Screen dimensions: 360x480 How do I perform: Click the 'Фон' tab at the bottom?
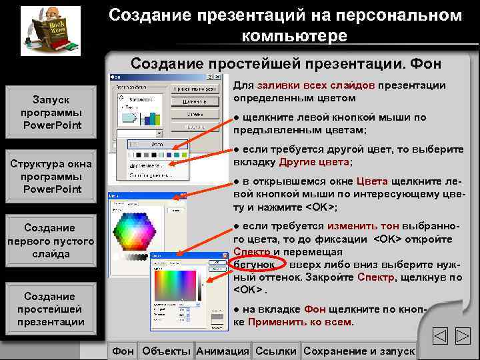click(x=123, y=351)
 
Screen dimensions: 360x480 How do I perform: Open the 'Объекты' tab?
click(x=166, y=351)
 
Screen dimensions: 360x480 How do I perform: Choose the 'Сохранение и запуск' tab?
click(x=359, y=351)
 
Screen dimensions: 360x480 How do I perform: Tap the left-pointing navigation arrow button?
click(x=441, y=337)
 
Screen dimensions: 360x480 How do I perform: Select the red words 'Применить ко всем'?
click(x=301, y=322)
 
